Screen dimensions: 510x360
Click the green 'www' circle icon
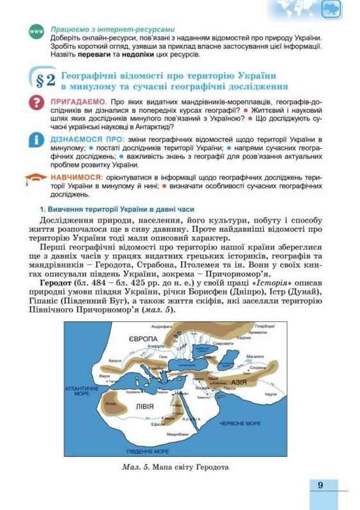(x=37, y=31)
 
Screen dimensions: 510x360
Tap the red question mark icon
(x=37, y=104)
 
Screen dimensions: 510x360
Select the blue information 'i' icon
(x=37, y=141)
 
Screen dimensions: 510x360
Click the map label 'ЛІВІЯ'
(x=144, y=407)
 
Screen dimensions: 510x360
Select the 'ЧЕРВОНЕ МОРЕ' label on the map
(x=240, y=423)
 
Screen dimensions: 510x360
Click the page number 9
(x=320, y=486)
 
